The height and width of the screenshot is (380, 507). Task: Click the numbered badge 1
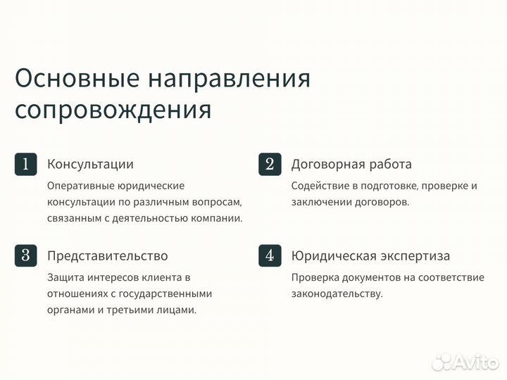[25, 164]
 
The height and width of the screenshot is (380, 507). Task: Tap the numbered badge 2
[270, 164]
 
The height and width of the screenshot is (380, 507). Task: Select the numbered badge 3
[25, 255]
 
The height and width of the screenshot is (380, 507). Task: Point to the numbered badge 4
[270, 255]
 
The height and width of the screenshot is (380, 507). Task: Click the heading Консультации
[90, 164]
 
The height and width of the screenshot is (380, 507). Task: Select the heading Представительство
[107, 255]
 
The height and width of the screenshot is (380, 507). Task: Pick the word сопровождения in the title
[113, 110]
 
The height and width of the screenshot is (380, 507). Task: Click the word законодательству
[337, 293]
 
